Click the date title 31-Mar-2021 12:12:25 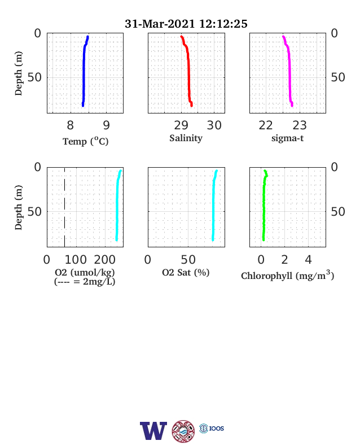186,24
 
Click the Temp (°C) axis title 86,141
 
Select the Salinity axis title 186,138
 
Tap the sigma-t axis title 287,138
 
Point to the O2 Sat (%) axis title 186,273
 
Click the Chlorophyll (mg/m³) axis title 287,275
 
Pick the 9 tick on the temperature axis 106,125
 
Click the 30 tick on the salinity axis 214,125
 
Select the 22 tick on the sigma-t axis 266,125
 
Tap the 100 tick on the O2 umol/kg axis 76,260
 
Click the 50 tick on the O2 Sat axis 188,260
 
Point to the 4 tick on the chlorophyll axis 308,260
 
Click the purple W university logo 153,431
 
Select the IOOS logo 212,428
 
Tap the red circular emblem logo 183,431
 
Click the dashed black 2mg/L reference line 65,207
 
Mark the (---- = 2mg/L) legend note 85,282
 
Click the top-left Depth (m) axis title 18,73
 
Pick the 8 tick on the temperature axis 71,125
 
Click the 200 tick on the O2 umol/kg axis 105,260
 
